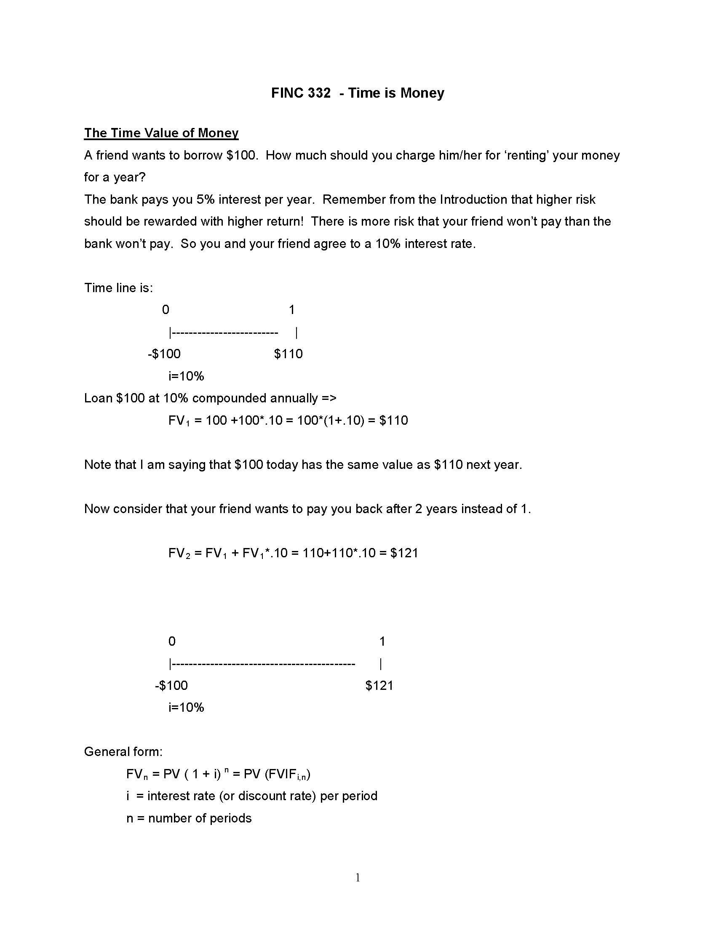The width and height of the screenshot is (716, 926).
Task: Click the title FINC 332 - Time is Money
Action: coord(358,93)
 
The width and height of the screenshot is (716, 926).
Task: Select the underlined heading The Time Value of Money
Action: coord(161,133)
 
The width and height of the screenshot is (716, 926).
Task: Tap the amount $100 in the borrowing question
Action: coord(241,155)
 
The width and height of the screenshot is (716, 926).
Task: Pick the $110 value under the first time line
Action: coord(289,354)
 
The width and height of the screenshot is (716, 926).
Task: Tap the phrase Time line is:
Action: coord(118,288)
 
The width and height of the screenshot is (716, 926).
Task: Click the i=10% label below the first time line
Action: coord(186,376)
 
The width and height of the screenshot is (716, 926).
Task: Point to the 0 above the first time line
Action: coord(166,309)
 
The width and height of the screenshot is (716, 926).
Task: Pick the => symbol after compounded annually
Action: coord(329,398)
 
